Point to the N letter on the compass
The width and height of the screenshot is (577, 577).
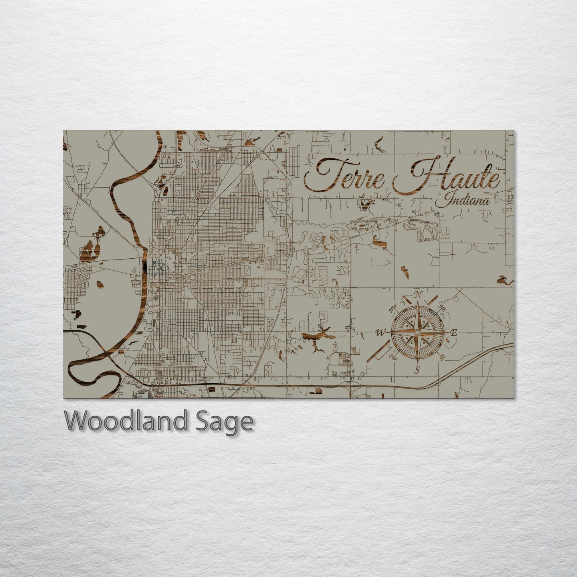tap(418, 295)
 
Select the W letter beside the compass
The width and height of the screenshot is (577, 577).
tap(381, 332)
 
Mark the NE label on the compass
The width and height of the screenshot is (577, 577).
tap(442, 307)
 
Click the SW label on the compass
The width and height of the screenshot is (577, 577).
tap(394, 357)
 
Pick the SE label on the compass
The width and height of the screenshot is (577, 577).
tap(442, 357)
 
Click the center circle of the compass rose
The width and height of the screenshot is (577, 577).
tap(418, 332)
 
